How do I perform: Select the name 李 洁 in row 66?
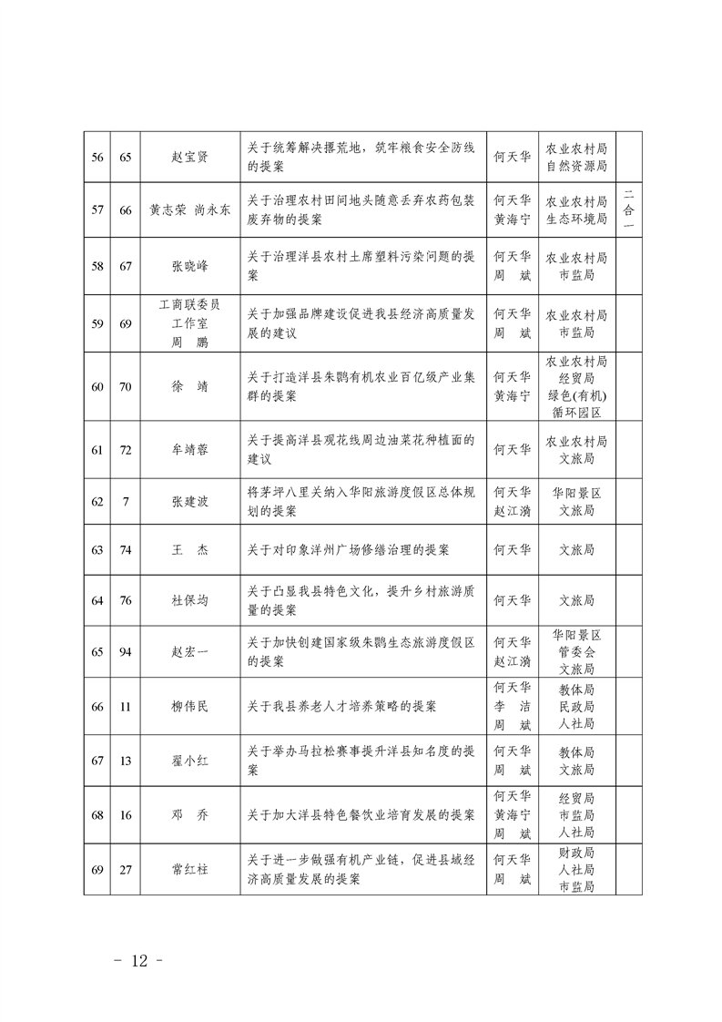pos(512,706)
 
